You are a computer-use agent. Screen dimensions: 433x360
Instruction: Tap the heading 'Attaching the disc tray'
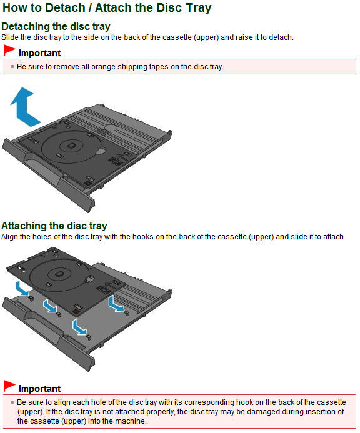pos(54,226)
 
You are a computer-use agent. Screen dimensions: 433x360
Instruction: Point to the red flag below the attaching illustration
pos(9,386)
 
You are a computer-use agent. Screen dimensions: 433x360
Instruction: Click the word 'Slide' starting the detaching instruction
pos(9,37)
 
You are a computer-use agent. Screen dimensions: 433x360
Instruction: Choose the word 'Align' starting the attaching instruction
pos(9,237)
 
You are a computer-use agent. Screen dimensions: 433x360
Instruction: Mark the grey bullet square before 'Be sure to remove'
pos(12,66)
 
